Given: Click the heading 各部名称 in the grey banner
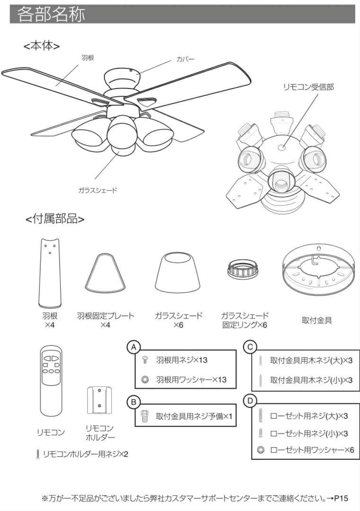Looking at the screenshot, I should coord(52,14).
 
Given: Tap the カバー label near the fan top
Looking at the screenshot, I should coord(185,59).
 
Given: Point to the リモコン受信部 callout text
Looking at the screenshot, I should coord(308,87).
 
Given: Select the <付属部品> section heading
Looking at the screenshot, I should coord(55,219).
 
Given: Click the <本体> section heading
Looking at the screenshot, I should coord(42,46).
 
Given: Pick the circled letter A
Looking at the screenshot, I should coord(134,347).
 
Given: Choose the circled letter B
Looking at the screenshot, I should coord(134,402).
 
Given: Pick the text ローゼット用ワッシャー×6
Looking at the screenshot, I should coord(312,449).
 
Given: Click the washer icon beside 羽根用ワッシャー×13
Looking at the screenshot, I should coord(145,379).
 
